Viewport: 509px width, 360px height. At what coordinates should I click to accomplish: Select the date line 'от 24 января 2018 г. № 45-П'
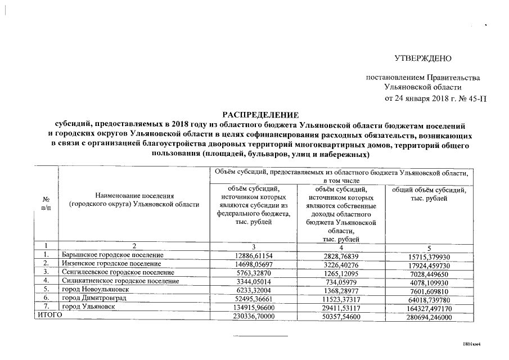tap(435, 98)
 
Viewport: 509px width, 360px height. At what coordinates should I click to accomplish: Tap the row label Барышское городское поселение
tap(112, 255)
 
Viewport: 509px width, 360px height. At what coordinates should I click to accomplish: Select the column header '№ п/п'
tap(46, 204)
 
